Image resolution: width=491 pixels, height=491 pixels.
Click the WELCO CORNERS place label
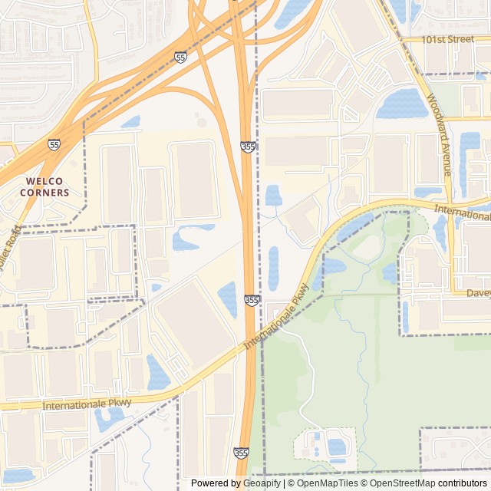point(48,186)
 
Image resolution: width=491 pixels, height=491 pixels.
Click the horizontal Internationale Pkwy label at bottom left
point(87,404)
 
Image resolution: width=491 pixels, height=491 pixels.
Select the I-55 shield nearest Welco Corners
point(54,144)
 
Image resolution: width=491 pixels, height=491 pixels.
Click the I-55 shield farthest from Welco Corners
point(180,58)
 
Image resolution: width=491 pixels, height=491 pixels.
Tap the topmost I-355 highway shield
point(247,146)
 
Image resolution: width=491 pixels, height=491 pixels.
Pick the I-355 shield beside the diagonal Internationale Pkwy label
point(252,300)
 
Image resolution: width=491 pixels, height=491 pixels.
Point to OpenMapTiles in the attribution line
point(328,483)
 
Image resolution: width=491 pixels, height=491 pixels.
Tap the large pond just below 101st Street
point(402,104)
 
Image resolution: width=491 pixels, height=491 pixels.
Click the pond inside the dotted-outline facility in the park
point(336,446)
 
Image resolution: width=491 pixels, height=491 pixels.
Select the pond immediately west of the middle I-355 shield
point(228,299)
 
